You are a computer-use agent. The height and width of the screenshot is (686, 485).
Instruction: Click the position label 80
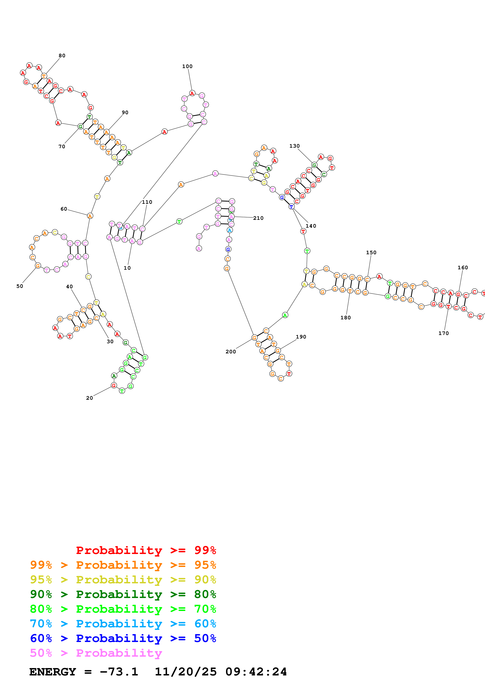(62, 56)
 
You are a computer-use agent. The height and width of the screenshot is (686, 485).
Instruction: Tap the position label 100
(187, 66)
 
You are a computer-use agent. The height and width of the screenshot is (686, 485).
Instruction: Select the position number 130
(294, 146)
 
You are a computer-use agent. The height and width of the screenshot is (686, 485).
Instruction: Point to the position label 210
(258, 218)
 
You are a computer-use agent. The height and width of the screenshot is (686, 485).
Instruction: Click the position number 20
(89, 398)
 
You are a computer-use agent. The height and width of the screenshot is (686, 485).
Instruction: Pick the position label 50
(20, 286)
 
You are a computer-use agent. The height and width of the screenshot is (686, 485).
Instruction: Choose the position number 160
(463, 268)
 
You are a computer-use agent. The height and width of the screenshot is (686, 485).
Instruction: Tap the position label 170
(444, 333)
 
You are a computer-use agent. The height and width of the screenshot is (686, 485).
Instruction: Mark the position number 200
(231, 352)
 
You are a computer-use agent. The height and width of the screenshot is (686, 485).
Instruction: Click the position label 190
(301, 337)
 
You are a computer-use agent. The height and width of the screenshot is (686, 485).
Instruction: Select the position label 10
(127, 268)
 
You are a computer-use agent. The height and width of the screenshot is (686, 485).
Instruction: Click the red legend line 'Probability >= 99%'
(146, 550)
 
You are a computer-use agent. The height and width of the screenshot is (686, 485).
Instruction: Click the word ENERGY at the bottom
(53, 672)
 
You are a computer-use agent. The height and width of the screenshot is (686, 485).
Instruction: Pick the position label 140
(311, 226)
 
